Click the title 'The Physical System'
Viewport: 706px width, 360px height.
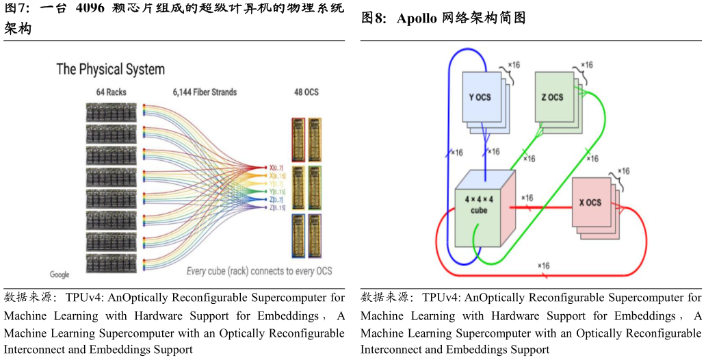[110, 69]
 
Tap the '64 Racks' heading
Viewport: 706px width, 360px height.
[110, 92]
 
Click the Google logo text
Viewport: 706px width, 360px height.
[60, 274]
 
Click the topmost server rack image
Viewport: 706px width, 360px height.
[111, 112]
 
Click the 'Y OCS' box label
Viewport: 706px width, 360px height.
[480, 97]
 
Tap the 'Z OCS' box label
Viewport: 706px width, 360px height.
[551, 97]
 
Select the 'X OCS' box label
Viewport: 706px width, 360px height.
[588, 203]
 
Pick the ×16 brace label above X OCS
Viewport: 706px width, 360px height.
[623, 170]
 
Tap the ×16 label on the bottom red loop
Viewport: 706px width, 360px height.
[544, 265]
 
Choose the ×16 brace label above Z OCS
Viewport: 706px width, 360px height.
[586, 64]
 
